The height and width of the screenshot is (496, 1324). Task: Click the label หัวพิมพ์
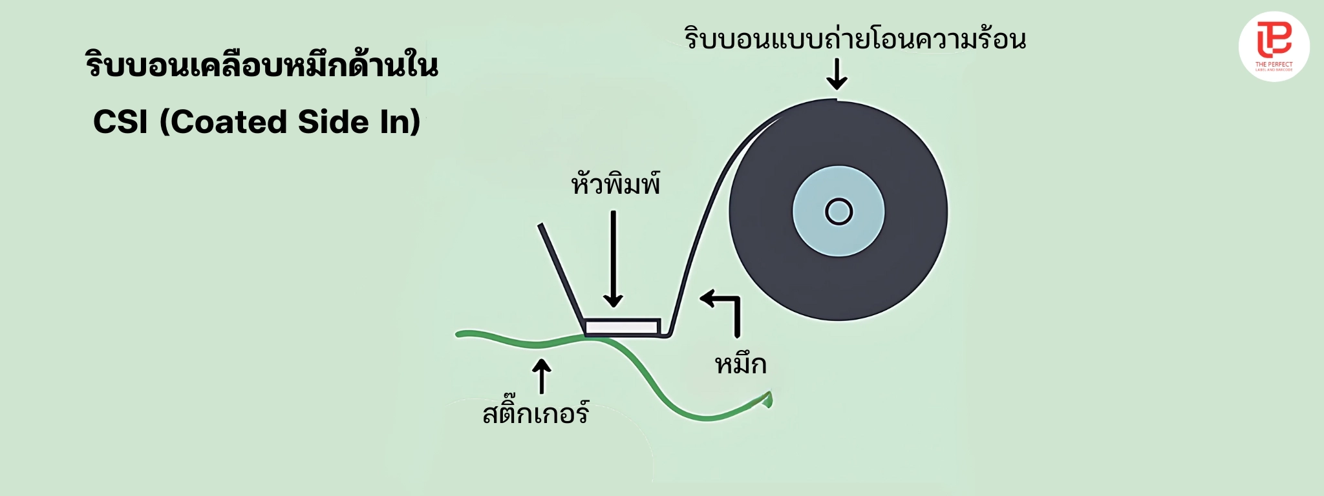(615, 184)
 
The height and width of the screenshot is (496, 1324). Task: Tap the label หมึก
(740, 363)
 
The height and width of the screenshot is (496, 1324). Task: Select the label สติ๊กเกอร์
(536, 412)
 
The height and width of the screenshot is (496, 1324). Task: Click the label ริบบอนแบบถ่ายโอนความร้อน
(855, 38)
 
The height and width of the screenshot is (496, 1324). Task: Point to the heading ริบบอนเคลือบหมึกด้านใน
(262, 65)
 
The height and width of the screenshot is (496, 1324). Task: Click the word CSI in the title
(121, 121)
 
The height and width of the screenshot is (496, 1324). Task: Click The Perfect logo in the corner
(1274, 46)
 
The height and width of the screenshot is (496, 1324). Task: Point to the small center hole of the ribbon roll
(838, 212)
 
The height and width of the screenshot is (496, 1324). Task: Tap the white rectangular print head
(622, 327)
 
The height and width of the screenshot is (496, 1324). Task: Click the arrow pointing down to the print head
(613, 258)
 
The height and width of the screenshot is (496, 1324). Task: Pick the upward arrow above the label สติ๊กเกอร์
(541, 376)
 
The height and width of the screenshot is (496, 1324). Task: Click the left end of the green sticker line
(458, 334)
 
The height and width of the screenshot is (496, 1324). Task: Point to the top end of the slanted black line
(540, 225)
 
